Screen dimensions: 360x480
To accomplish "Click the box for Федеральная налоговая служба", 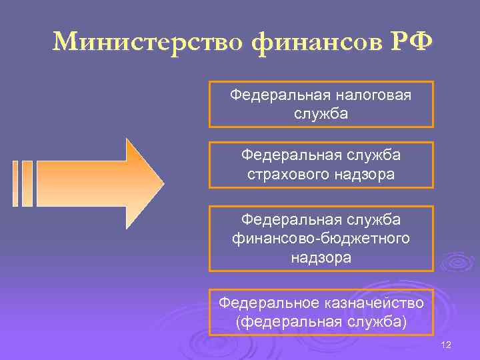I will [321, 104].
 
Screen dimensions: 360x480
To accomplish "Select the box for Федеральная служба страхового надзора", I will [321, 165].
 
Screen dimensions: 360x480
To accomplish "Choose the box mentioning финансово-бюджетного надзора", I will [321, 238].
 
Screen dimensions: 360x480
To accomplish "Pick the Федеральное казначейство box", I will [321, 313].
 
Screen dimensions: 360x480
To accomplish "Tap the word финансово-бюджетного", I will [321, 238].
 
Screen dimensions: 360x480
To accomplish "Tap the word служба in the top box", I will [321, 113].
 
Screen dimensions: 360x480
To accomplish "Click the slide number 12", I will [446, 345].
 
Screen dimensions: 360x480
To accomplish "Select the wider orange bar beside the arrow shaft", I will [27, 183].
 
